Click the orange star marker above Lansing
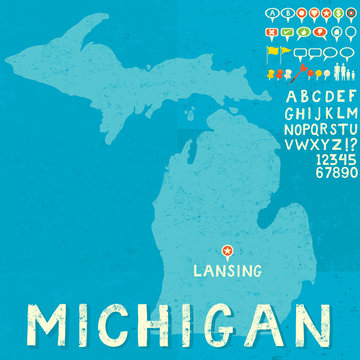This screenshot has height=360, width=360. coord(227,250)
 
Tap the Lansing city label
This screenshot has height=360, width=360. coord(228,270)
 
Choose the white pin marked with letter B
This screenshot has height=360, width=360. coord(289,13)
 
